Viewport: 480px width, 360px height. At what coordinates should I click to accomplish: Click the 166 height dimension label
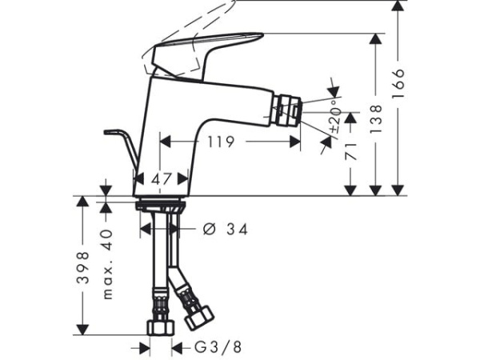399,82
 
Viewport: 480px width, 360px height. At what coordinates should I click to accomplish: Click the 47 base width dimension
163,180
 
